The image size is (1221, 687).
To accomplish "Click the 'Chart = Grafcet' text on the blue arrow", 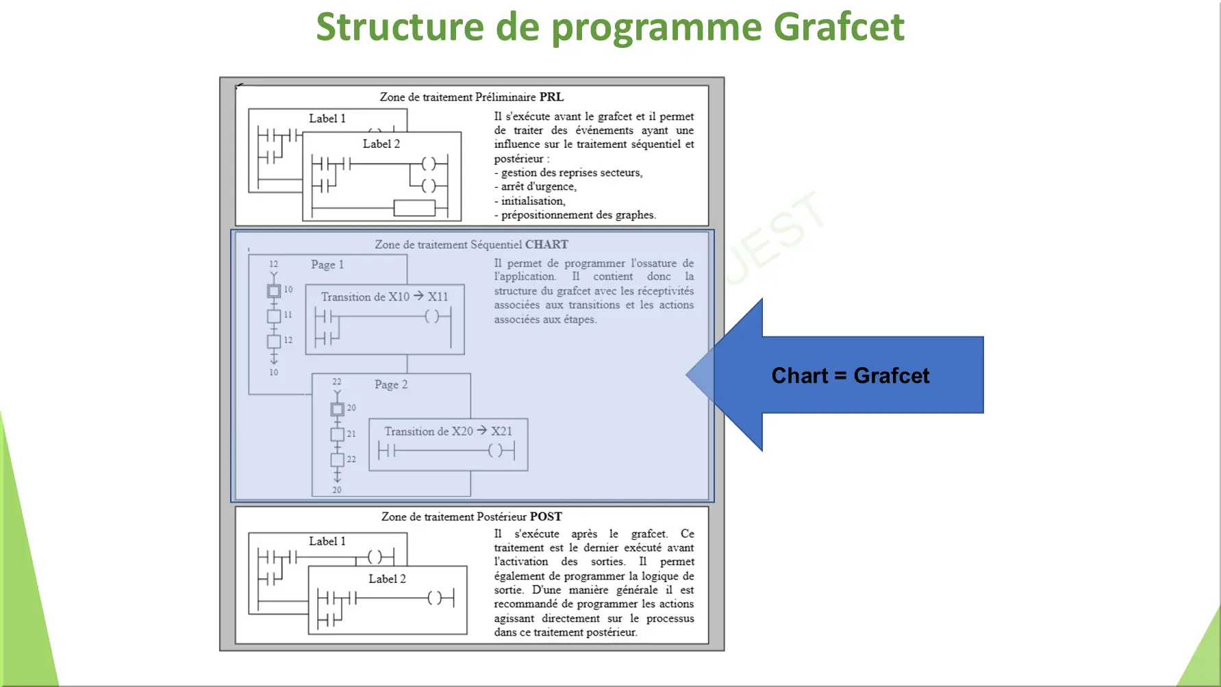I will [850, 375].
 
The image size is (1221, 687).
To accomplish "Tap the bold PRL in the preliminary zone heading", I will [551, 97].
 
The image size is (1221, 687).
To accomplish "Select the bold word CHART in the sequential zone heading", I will [546, 245].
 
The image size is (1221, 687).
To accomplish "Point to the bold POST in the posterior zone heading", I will [546, 516].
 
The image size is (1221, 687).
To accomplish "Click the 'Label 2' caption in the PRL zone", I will [381, 144].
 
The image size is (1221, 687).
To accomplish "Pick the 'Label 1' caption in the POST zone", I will [327, 541].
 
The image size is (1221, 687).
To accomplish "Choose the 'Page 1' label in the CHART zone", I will [327, 264].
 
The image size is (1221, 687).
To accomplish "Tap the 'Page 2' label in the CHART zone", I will [391, 385].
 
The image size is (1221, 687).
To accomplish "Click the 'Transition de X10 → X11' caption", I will [384, 297].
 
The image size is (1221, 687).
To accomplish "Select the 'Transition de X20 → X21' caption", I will [448, 432].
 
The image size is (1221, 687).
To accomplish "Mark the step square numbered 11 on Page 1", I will [274, 316].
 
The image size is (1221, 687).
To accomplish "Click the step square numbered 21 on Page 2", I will [337, 434].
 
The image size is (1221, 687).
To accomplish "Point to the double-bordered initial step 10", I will [274, 291].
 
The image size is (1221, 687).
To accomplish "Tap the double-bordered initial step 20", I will [337, 410].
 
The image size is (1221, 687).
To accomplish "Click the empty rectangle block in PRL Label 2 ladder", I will [414, 208].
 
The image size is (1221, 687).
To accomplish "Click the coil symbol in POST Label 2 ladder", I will [434, 598].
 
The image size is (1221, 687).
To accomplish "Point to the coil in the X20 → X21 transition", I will [495, 451].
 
